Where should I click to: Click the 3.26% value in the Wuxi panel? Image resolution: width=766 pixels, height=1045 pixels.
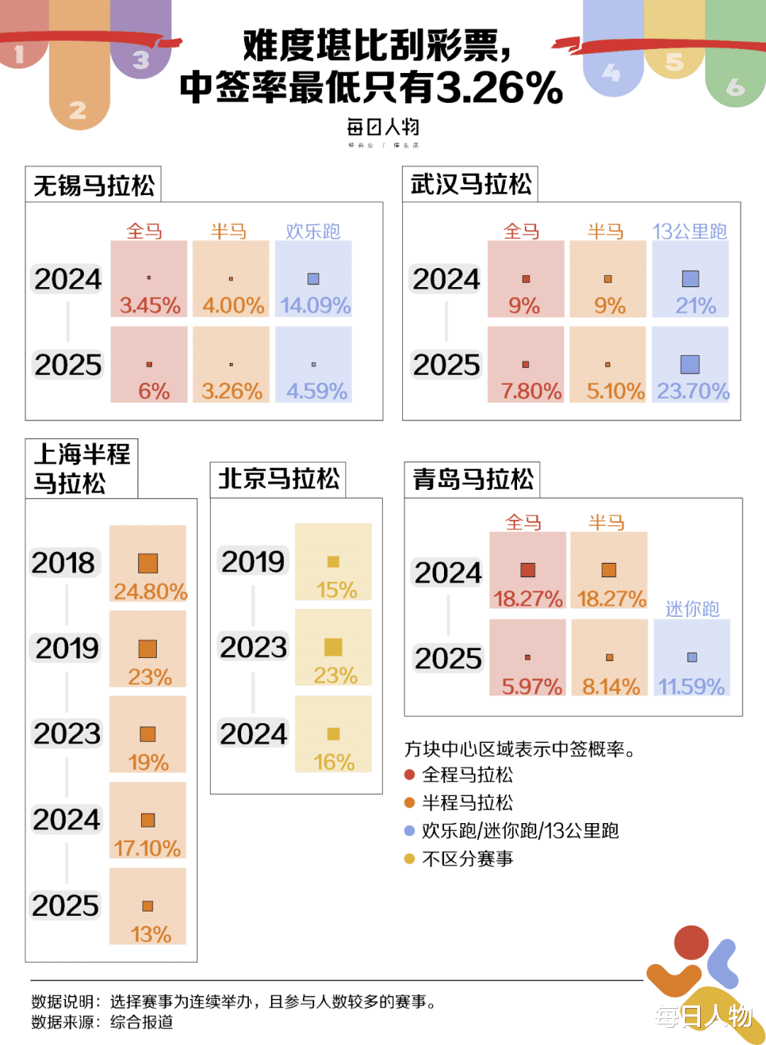(232, 391)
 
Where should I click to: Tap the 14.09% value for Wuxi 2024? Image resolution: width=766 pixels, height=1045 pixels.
(315, 306)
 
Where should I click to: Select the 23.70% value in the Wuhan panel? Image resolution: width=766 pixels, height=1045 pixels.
(693, 391)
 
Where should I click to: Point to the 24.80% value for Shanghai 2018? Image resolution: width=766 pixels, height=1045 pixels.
(150, 591)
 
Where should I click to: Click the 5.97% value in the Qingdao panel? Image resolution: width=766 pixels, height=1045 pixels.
(531, 686)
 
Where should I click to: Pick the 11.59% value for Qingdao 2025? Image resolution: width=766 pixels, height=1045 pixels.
(692, 686)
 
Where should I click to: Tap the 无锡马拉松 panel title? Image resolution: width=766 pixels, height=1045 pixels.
(94, 186)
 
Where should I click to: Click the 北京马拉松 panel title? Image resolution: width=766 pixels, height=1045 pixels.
(279, 479)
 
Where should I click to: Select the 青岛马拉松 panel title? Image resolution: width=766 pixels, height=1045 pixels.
(473, 479)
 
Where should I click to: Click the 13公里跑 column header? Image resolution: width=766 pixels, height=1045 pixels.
(690, 231)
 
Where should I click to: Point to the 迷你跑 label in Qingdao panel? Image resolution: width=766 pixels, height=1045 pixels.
(692, 608)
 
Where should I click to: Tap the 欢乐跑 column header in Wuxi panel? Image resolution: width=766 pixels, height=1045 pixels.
(313, 231)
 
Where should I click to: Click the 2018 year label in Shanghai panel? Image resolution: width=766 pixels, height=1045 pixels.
(64, 563)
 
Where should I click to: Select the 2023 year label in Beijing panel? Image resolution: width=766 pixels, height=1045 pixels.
(253, 647)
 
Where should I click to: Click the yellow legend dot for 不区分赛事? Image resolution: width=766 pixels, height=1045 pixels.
(409, 859)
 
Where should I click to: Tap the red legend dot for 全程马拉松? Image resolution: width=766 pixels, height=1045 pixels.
(409, 775)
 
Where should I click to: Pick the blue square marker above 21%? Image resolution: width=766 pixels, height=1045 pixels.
(690, 279)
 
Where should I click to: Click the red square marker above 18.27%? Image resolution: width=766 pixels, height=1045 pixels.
(528, 570)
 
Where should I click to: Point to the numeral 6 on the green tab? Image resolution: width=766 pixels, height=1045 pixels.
(736, 87)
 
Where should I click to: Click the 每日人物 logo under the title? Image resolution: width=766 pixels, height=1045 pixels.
(383, 128)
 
